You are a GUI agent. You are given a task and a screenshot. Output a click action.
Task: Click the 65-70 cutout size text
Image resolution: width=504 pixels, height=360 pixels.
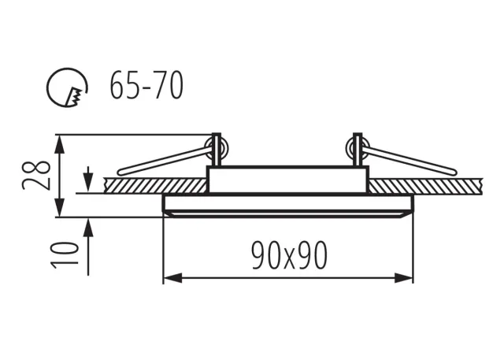[146, 86]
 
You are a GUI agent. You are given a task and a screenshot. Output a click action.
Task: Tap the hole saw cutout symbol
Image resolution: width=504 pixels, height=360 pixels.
[67, 87]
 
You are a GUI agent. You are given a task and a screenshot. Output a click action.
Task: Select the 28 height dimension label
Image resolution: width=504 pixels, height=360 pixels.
[37, 175]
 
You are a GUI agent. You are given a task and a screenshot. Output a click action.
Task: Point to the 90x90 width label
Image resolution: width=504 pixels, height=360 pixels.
[289, 255]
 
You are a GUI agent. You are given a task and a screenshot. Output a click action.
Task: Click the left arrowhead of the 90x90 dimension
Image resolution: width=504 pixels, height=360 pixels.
[172, 278]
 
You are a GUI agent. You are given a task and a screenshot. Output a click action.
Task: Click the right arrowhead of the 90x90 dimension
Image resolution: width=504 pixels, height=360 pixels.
[403, 278]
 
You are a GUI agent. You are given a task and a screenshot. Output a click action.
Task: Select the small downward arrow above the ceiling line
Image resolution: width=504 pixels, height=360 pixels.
[88, 180]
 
